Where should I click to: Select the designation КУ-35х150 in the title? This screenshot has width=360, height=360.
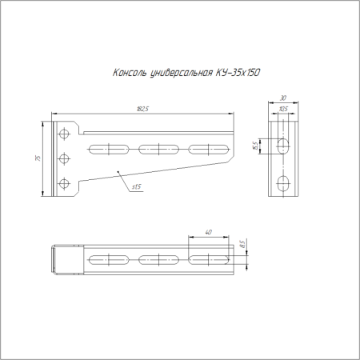[237, 73]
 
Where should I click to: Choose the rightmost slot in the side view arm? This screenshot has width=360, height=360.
[210, 148]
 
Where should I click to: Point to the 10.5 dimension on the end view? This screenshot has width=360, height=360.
[283, 110]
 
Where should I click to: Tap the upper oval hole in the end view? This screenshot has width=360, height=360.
[284, 146]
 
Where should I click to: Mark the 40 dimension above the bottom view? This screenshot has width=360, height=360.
[208, 233]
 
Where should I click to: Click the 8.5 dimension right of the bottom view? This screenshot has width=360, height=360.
[242, 242]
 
